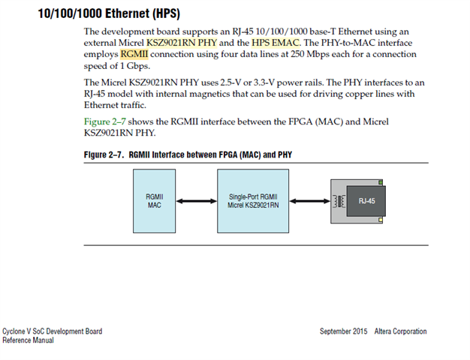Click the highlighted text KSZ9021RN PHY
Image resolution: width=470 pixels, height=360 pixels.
pos(181,42)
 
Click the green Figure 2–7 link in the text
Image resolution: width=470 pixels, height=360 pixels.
pos(106,121)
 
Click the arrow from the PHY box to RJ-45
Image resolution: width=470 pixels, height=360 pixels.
pos(309,200)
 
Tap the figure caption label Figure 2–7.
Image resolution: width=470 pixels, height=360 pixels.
pos(103,154)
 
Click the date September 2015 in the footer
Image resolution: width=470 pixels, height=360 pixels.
pos(343,331)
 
